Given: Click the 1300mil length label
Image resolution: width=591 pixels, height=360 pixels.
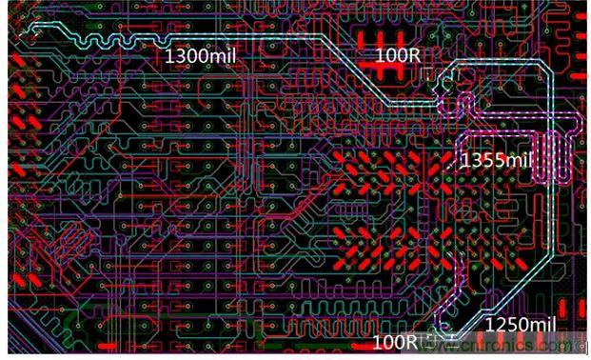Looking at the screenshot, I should [x=200, y=55].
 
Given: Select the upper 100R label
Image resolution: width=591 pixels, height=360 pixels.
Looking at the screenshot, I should [x=398, y=55].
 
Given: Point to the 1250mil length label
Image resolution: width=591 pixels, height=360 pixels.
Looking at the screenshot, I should [x=519, y=325].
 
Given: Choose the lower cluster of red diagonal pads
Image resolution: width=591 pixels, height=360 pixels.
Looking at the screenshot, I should [x=390, y=238].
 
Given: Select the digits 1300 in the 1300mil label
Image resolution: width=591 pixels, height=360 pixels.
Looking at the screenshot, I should [x=187, y=55].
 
